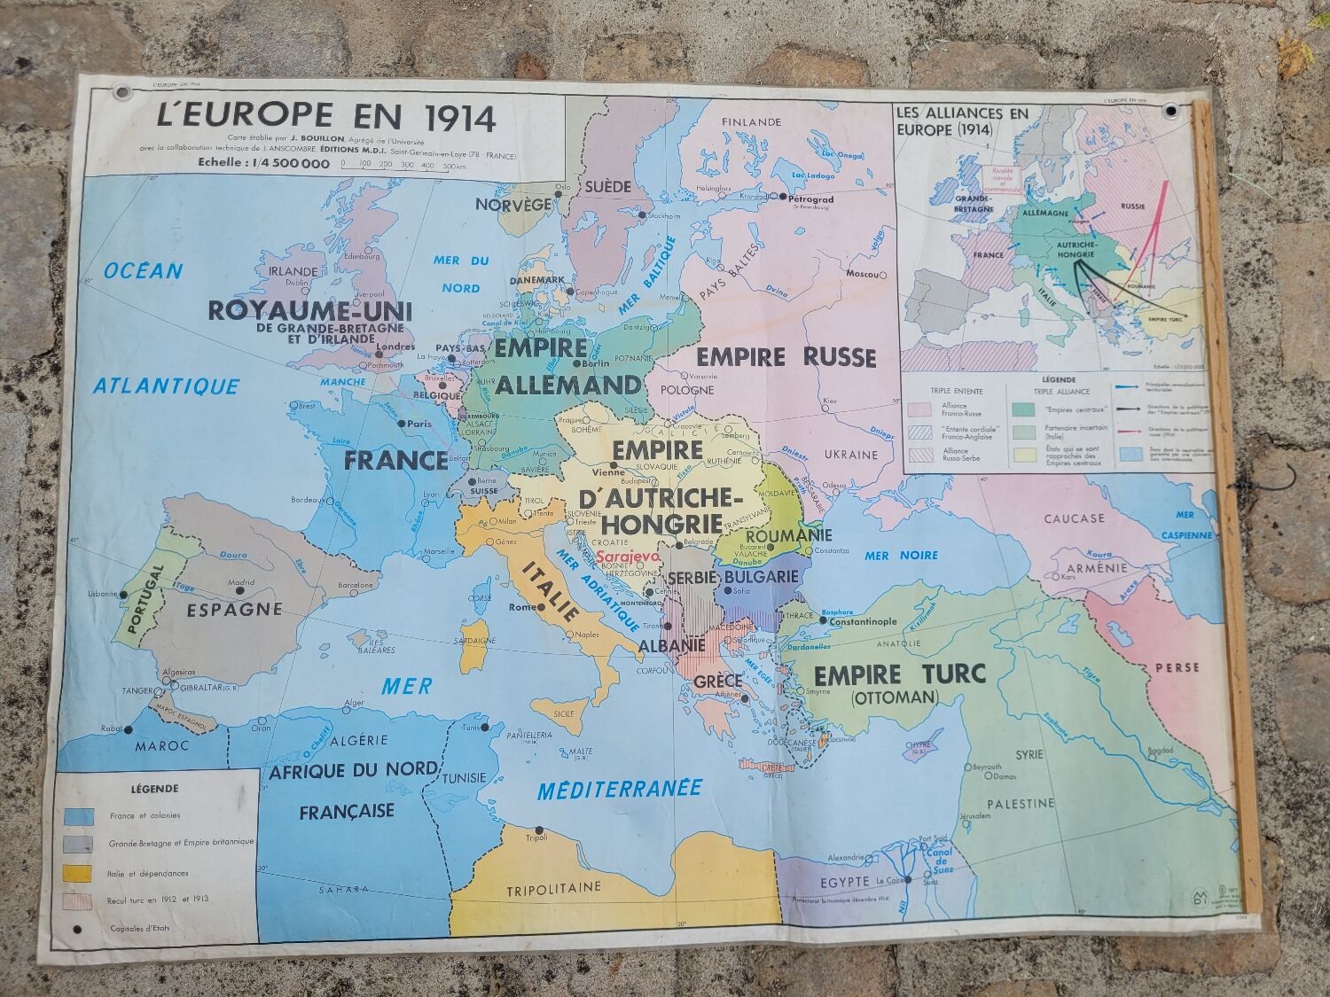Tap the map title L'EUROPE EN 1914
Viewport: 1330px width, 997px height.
point(326,117)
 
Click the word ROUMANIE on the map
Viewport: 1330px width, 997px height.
point(788,536)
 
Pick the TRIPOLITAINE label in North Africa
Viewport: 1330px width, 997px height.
point(553,887)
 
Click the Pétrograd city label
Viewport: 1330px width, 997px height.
point(810,199)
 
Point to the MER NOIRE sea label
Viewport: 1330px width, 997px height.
point(901,555)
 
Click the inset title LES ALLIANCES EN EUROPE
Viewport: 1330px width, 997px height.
point(950,121)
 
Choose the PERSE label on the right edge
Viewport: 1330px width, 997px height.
point(1177,667)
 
